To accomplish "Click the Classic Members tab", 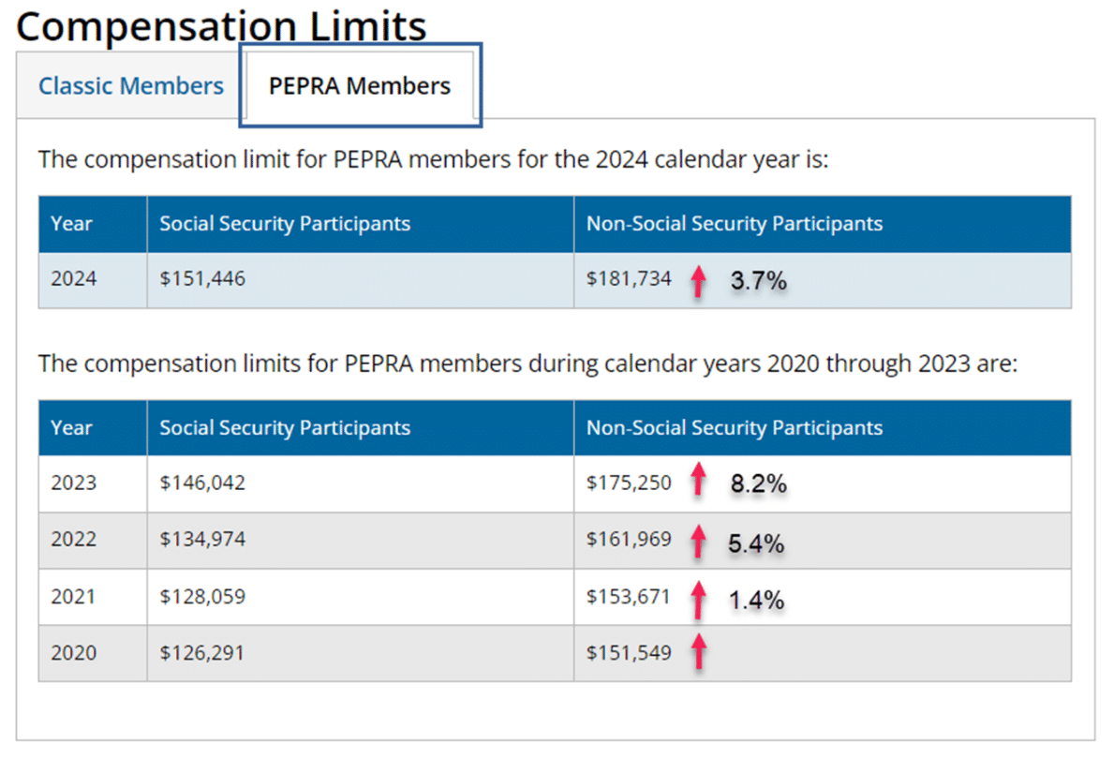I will tap(131, 86).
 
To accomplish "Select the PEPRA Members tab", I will tap(360, 86).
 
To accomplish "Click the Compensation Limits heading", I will tap(221, 25).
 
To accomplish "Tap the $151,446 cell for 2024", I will tap(202, 278).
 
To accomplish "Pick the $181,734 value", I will tap(629, 278).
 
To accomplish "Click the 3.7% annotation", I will tap(758, 280).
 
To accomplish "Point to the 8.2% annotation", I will tap(758, 484).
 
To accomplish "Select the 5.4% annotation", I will tap(756, 543).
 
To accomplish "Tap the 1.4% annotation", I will tap(756, 600).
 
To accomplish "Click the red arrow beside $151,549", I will tap(697, 653).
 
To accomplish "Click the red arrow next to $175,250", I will tap(697, 483).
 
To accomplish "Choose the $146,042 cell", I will tap(202, 483).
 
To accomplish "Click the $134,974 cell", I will tap(202, 540).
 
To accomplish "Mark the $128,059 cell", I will tap(202, 596).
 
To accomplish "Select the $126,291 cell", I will tap(202, 652).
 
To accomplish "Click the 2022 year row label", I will tap(73, 540).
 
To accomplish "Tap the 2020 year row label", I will tap(73, 652).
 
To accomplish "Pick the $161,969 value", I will tap(629, 540).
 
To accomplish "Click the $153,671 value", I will tap(629, 596).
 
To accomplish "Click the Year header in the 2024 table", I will tap(72, 224).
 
